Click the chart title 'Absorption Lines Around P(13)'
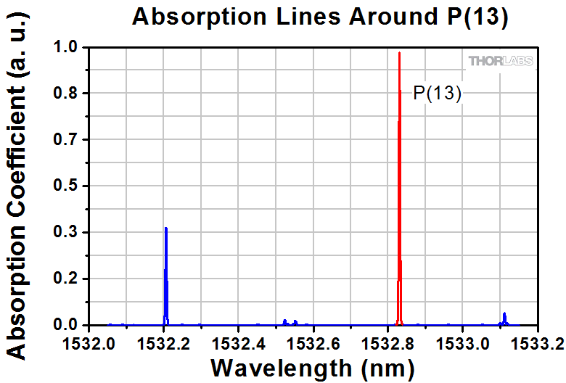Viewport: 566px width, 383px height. pyautogui.click(x=320, y=17)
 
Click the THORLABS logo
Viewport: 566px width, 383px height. pyautogui.click(x=501, y=61)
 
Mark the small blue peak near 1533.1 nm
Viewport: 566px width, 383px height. pyautogui.click(x=504, y=318)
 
